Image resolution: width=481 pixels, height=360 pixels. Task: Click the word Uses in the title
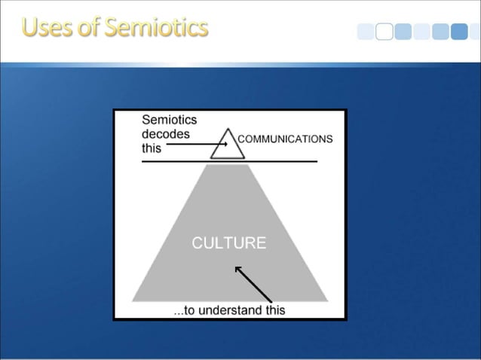click(x=45, y=27)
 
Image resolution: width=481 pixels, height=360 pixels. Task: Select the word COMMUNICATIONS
click(x=285, y=139)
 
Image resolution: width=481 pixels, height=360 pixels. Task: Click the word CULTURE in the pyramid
click(x=229, y=243)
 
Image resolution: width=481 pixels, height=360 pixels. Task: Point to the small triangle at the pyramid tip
click(x=228, y=145)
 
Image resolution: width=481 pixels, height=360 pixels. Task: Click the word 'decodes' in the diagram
click(x=165, y=134)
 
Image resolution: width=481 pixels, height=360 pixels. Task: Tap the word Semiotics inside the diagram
click(x=169, y=120)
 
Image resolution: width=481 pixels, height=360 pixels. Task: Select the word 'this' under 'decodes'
click(x=152, y=148)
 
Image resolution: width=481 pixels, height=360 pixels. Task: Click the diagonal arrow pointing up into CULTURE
click(x=253, y=282)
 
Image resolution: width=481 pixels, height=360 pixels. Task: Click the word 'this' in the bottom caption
click(x=274, y=310)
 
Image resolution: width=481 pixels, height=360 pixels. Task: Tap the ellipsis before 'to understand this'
click(x=178, y=312)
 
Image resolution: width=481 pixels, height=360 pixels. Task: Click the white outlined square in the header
click(x=384, y=32)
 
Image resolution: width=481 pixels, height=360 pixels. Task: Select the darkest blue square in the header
click(x=459, y=32)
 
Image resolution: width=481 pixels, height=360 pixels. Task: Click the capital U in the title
click(x=30, y=27)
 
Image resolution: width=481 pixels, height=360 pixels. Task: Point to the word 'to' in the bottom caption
click(x=189, y=310)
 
